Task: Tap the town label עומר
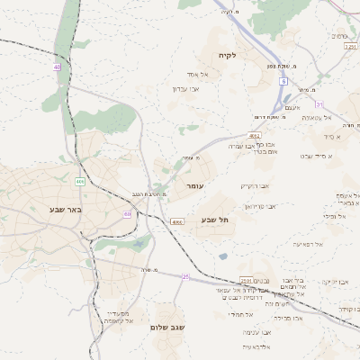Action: pos(194,185)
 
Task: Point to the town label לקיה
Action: pos(227,56)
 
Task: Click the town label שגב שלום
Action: pos(168,328)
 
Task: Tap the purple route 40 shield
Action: pos(58,67)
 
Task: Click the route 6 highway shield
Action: pos(282,81)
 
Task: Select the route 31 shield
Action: pos(319,104)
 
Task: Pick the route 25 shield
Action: pos(185,277)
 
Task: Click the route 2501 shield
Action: pos(246,280)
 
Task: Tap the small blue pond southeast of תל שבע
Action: pos(222,256)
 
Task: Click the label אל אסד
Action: pos(198,74)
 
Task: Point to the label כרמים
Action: pos(339,36)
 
